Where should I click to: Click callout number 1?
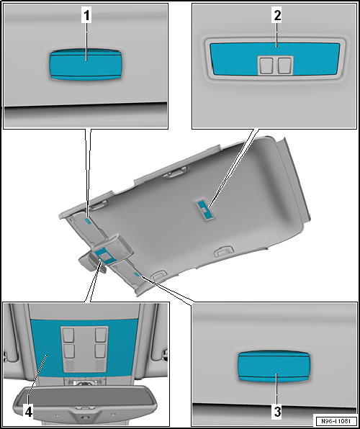pos(86,16)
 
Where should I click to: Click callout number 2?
pos(277,16)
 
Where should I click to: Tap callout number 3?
pos(277,411)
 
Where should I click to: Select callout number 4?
pos(29,411)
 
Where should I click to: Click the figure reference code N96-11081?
pos(336,420)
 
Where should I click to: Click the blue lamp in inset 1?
pos(86,65)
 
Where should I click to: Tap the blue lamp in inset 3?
pos(274,366)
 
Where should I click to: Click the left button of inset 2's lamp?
pos(266,66)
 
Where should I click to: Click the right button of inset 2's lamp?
pos(284,66)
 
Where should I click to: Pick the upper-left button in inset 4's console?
pos(68,335)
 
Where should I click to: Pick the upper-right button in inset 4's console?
pos(101,335)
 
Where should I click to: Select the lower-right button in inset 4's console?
pos(101,351)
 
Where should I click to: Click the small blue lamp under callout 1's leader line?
pos(88,222)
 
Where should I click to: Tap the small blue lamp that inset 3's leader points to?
pos(137,274)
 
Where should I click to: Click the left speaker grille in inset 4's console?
pos(70,366)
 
